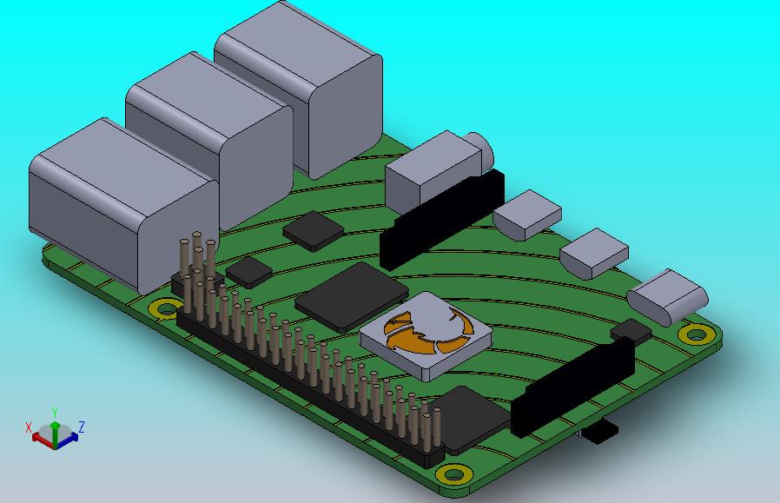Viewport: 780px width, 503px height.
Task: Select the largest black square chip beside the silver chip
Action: [352, 296]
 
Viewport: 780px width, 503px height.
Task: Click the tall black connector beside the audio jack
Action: [442, 219]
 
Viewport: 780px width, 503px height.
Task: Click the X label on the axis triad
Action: [29, 427]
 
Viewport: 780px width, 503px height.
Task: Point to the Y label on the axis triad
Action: [55, 412]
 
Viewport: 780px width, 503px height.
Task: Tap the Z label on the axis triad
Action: [81, 427]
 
